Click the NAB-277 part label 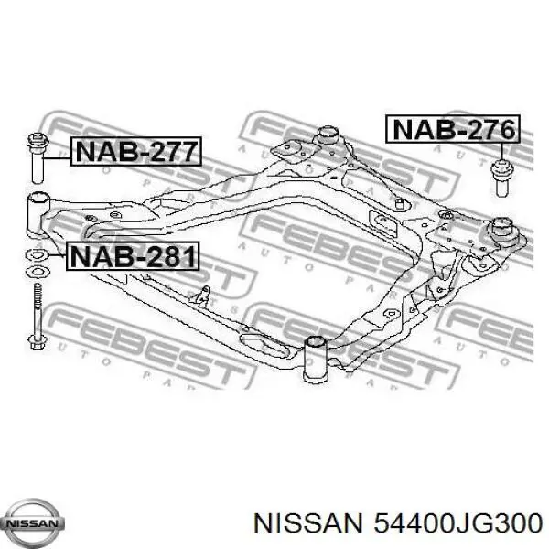point(134,152)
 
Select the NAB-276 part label point(451,130)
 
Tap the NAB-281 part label point(134,256)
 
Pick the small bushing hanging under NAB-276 point(501,176)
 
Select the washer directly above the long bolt point(39,272)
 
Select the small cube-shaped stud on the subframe point(400,202)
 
